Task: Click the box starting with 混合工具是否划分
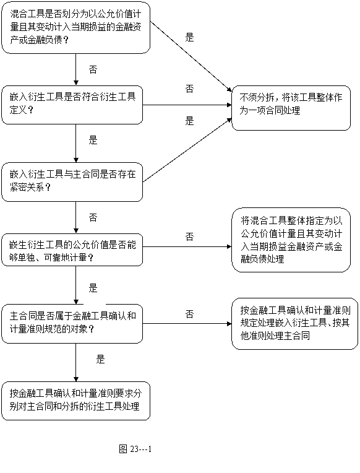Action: click(x=75, y=28)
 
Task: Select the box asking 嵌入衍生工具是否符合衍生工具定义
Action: click(x=72, y=105)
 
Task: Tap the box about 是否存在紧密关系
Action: click(x=72, y=182)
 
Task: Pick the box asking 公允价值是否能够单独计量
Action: click(x=72, y=250)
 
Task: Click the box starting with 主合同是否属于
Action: click(x=72, y=324)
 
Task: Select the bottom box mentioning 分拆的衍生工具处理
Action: click(x=75, y=401)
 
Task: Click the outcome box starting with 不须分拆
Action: click(x=291, y=108)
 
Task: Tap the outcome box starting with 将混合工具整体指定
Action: click(x=291, y=240)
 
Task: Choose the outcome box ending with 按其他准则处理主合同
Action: click(x=294, y=324)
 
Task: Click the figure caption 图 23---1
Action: click(x=135, y=449)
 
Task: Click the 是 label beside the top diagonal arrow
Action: click(x=189, y=37)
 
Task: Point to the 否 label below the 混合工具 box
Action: click(x=93, y=70)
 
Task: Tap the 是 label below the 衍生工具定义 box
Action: click(x=93, y=140)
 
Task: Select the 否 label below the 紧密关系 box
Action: click(x=93, y=217)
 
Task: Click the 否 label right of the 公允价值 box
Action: click(x=189, y=236)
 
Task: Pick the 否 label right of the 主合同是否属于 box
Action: click(x=189, y=315)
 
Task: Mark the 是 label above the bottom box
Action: click(x=100, y=359)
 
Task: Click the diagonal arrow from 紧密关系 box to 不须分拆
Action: click(x=187, y=150)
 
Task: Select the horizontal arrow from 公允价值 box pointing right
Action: click(x=187, y=247)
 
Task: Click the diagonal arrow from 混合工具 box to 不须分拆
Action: click(x=191, y=56)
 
